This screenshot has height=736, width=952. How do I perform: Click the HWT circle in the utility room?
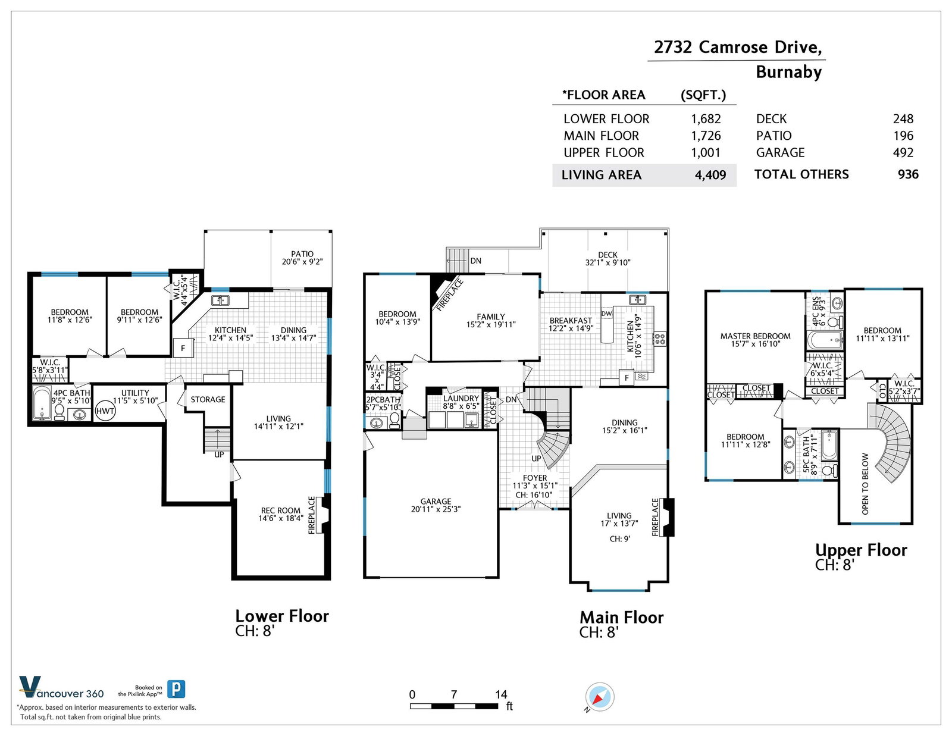pos(105,411)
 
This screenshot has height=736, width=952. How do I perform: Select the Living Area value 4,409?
pos(710,176)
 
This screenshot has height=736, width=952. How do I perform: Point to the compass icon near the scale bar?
pos(599,697)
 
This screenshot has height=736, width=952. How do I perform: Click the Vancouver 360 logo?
pos(61,687)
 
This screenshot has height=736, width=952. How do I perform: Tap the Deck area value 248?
pos(903,119)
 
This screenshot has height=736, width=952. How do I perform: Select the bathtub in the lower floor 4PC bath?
pos(42,403)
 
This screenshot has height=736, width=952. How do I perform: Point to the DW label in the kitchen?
pos(607,314)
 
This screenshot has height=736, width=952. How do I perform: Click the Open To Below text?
pos(865,484)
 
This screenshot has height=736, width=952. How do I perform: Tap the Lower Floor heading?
pos(282,616)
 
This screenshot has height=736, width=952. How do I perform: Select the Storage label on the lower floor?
pos(208,400)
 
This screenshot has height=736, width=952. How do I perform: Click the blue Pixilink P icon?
pos(176,689)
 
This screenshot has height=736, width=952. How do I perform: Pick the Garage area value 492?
pos(903,152)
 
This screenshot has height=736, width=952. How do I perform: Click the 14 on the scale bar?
pos(501,694)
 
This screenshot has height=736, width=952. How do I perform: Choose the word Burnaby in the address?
pos(789,72)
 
